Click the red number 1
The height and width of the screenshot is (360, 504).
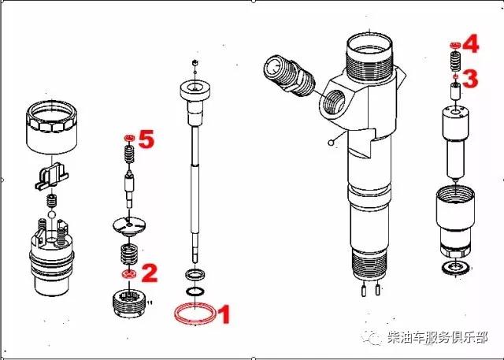click(224, 314)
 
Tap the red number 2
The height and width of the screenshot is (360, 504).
click(149, 273)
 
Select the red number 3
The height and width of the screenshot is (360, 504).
click(470, 79)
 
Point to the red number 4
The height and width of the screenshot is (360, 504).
click(471, 43)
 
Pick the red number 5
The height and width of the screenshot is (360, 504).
click(146, 139)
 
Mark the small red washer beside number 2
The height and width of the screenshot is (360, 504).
click(129, 274)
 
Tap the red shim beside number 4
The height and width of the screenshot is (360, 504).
click(454, 46)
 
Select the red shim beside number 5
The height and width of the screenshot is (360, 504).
click(129, 138)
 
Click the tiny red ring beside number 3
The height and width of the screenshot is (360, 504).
click(455, 77)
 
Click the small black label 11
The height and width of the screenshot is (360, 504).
click(149, 302)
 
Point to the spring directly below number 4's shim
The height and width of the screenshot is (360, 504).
click(455, 61)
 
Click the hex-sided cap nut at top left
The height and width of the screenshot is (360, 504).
click(51, 126)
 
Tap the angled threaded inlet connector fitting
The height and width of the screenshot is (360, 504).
click(289, 76)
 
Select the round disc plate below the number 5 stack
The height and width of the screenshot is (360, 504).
click(129, 225)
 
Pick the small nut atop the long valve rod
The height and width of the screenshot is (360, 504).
click(195, 62)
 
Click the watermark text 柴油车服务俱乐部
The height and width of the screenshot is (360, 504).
click(438, 337)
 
